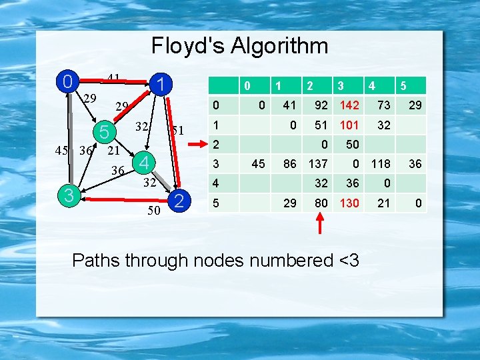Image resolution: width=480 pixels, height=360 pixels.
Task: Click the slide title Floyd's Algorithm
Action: [x=239, y=46]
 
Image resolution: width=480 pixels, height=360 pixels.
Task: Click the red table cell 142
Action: [x=348, y=105]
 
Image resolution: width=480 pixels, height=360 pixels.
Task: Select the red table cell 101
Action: [x=348, y=125]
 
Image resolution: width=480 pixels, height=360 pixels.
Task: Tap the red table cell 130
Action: [x=348, y=203]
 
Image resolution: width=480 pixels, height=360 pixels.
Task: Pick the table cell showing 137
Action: [x=317, y=163]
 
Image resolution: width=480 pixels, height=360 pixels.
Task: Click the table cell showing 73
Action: [x=383, y=105]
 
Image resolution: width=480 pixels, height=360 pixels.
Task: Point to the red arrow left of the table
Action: [x=197, y=143]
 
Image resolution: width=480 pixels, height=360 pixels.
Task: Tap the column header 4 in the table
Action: [x=371, y=86]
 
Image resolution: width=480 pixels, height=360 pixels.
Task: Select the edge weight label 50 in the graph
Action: [x=153, y=211]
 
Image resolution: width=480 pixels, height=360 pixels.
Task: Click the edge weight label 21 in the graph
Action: [x=114, y=151]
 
